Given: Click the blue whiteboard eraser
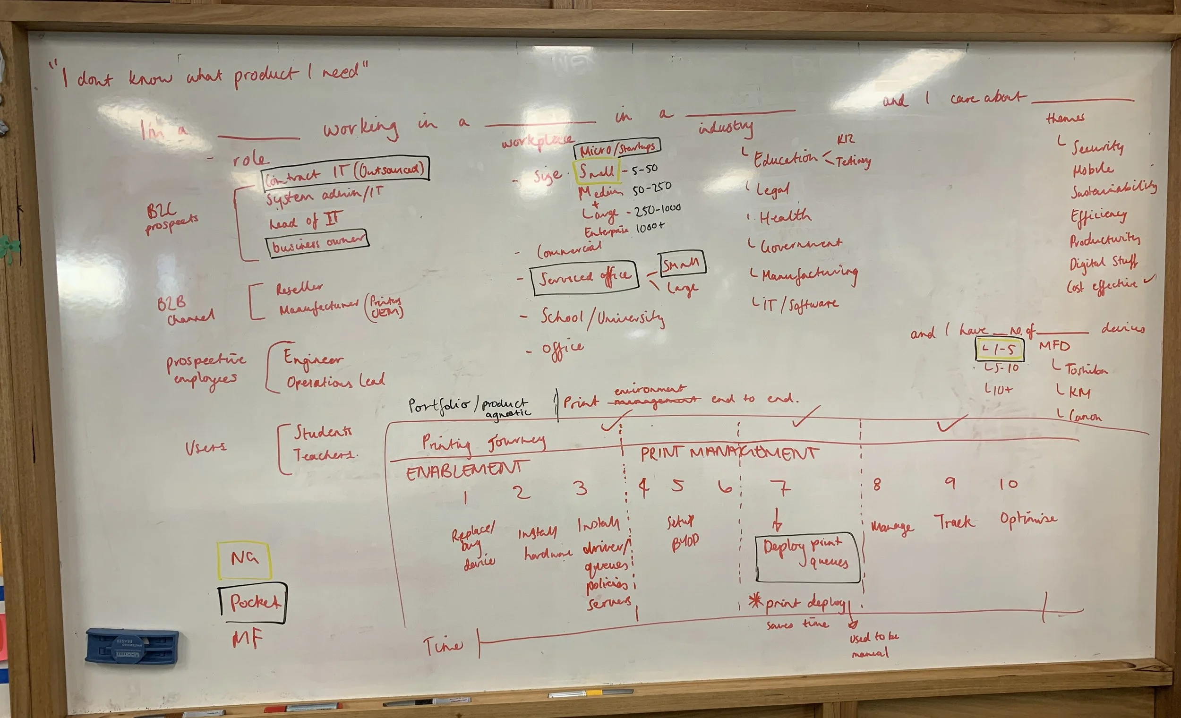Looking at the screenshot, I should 132,647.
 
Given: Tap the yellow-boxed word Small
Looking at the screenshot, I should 596,171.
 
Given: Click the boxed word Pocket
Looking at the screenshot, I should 254,602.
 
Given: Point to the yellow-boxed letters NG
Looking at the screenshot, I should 244,559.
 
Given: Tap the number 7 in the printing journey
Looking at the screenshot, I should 782,488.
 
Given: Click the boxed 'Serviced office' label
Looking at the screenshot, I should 584,278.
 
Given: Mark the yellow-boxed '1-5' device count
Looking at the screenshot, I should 1000,349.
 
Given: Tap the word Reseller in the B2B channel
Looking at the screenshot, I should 299,288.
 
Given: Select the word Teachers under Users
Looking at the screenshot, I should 324,454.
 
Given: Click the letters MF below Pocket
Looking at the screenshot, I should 248,639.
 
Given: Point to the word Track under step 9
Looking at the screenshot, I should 954,521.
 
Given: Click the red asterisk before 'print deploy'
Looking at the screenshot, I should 756,601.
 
